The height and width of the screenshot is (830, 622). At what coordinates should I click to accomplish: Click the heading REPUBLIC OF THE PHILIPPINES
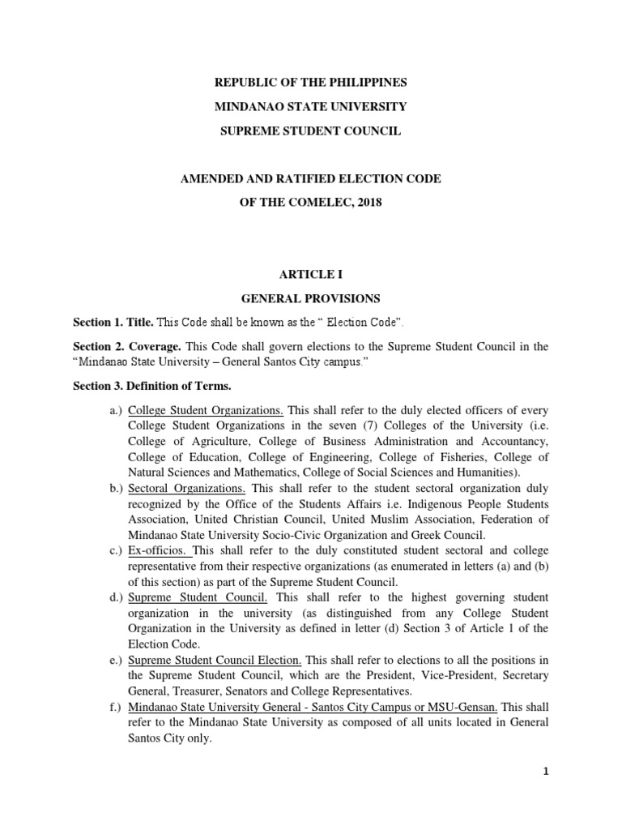click(310, 83)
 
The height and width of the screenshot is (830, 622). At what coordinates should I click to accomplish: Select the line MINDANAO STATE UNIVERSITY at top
click(310, 107)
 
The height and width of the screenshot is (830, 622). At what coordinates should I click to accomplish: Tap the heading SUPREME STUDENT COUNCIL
click(310, 130)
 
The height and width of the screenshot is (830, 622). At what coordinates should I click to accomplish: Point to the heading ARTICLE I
click(310, 275)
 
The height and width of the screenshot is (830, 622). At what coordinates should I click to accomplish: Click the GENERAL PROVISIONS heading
click(310, 298)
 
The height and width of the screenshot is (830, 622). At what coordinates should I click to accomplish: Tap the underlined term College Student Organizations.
click(206, 411)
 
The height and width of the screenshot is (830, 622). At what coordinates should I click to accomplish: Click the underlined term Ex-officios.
click(158, 551)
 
